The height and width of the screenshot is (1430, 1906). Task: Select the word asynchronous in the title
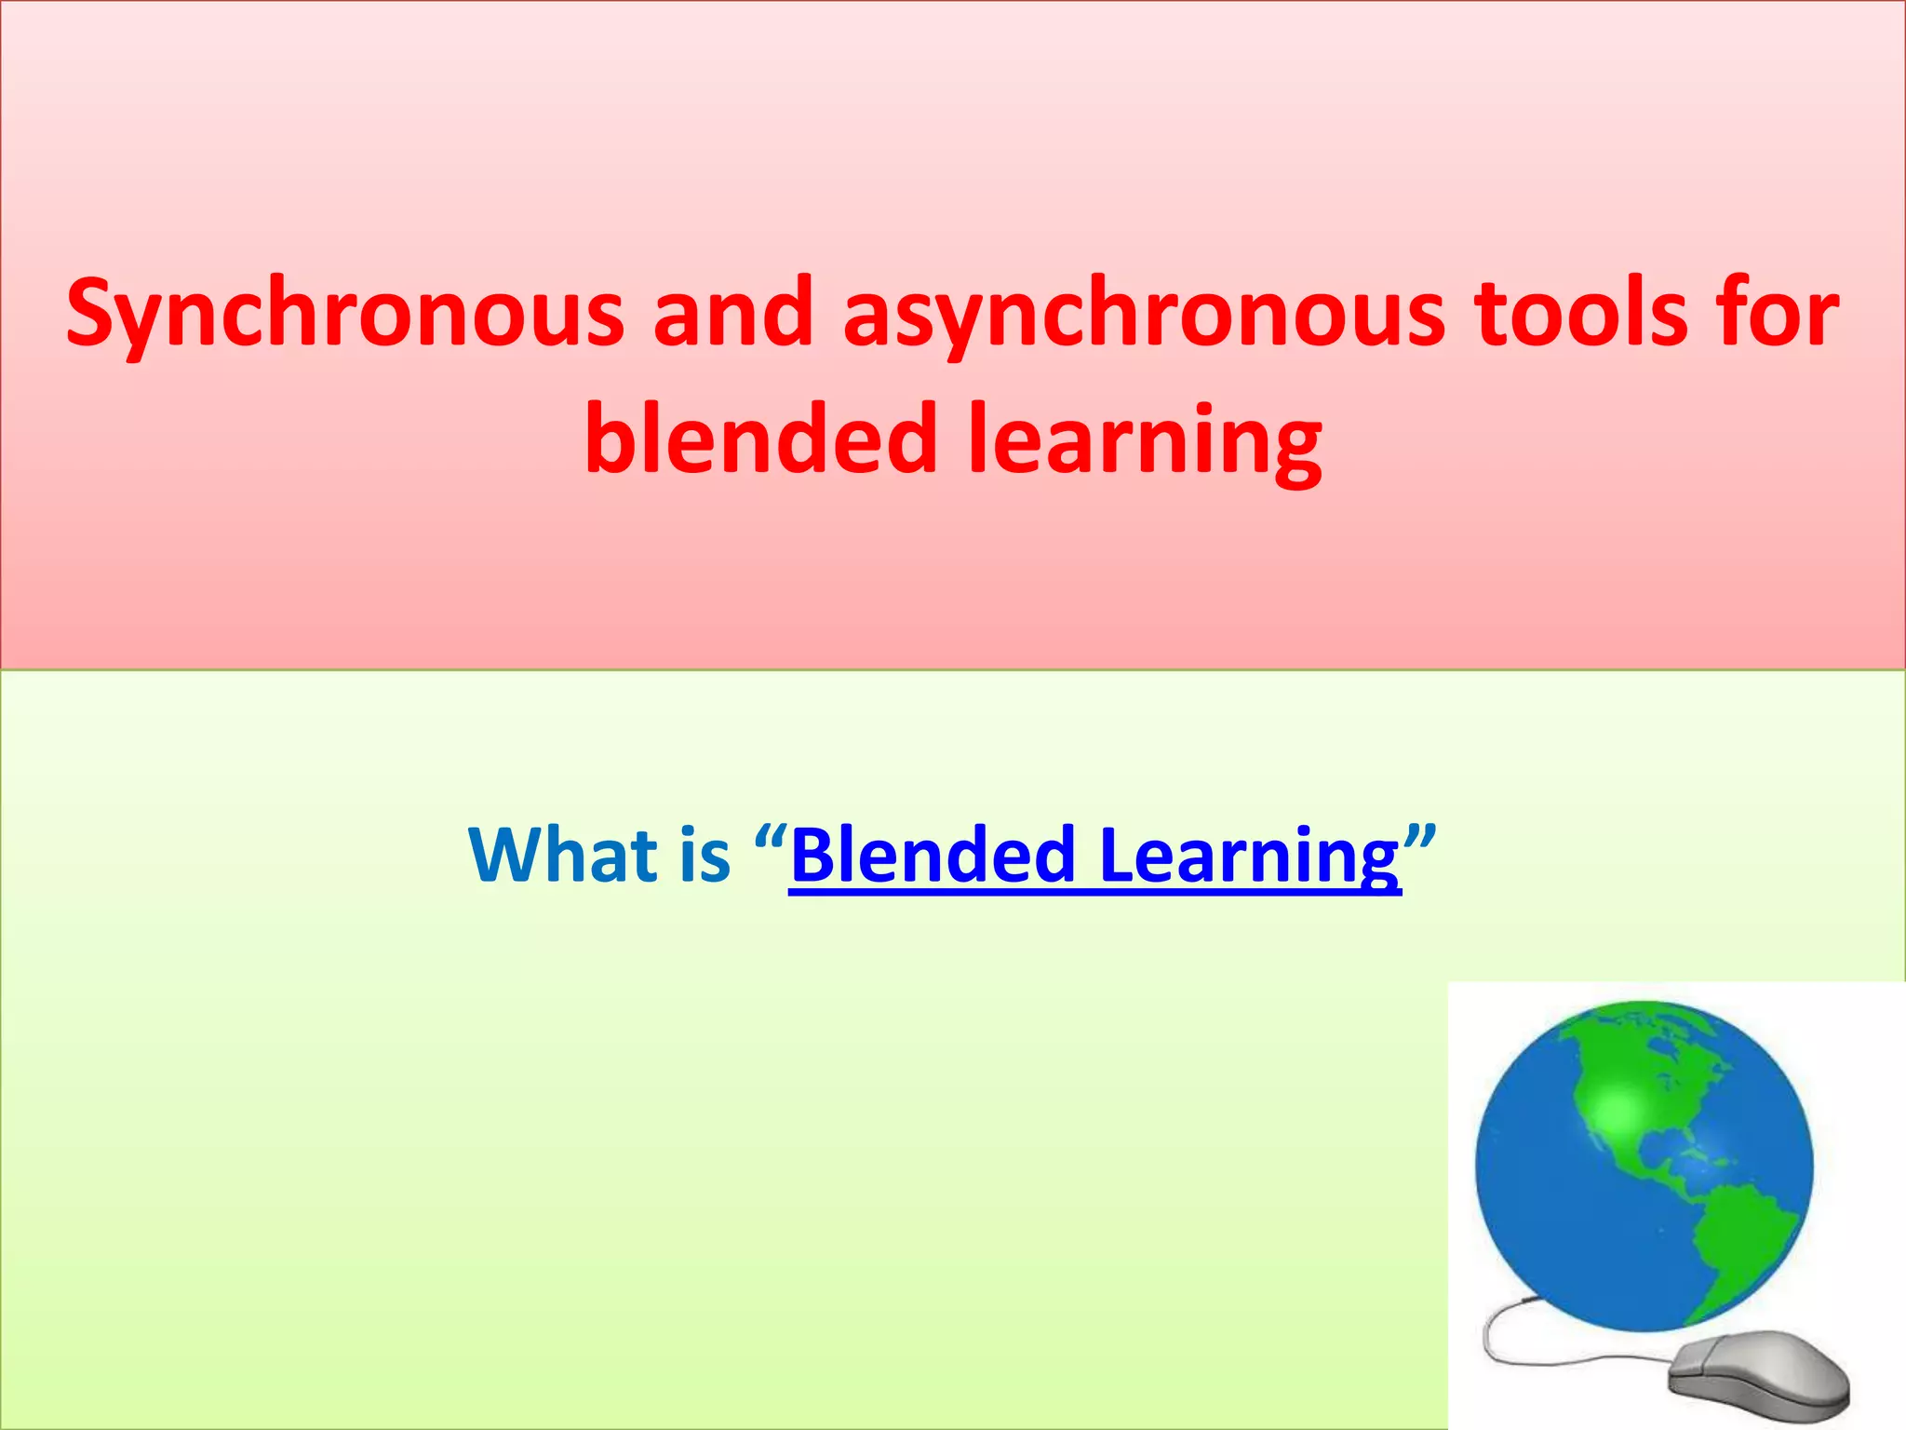click(1144, 315)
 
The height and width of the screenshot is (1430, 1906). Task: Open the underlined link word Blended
click(933, 855)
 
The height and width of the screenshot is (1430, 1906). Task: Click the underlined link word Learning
click(1249, 855)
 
